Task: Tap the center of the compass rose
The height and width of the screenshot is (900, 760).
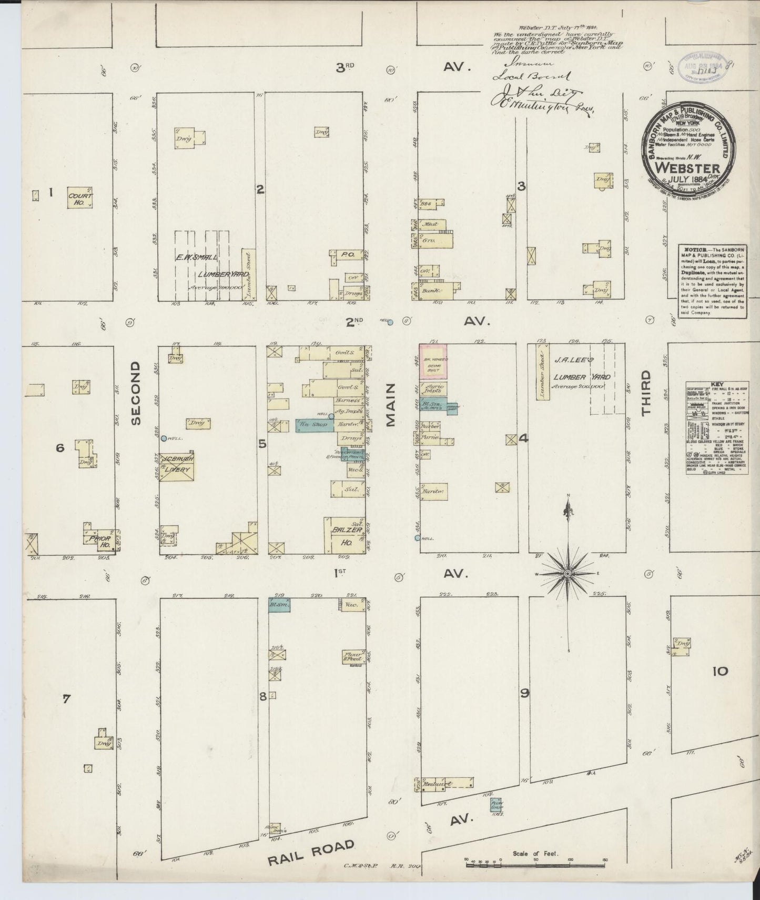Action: [568, 573]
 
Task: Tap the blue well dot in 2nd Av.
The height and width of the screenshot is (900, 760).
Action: [390, 322]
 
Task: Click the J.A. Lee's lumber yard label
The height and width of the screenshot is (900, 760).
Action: [581, 369]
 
